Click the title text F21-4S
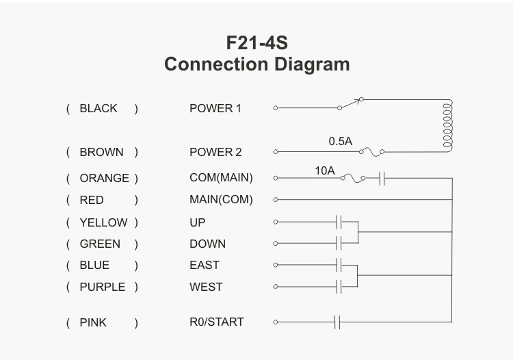[256, 42]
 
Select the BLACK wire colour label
[98, 108]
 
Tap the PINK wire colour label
[93, 322]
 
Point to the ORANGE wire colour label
[104, 178]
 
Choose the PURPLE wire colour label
[103, 287]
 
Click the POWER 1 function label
[215, 108]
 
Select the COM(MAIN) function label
[221, 178]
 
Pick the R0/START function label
[217, 322]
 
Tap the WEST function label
[206, 287]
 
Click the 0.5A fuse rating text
[340, 142]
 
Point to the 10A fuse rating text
[325, 170]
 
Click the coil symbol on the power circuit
[448, 125]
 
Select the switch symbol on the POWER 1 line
[350, 103]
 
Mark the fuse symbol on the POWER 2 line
[371, 152]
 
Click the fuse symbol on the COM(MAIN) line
[353, 179]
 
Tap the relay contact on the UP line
[339, 222]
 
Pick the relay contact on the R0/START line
[337, 322]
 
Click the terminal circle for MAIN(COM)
[276, 199]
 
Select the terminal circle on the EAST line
[276, 265]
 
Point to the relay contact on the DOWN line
[339, 243]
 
